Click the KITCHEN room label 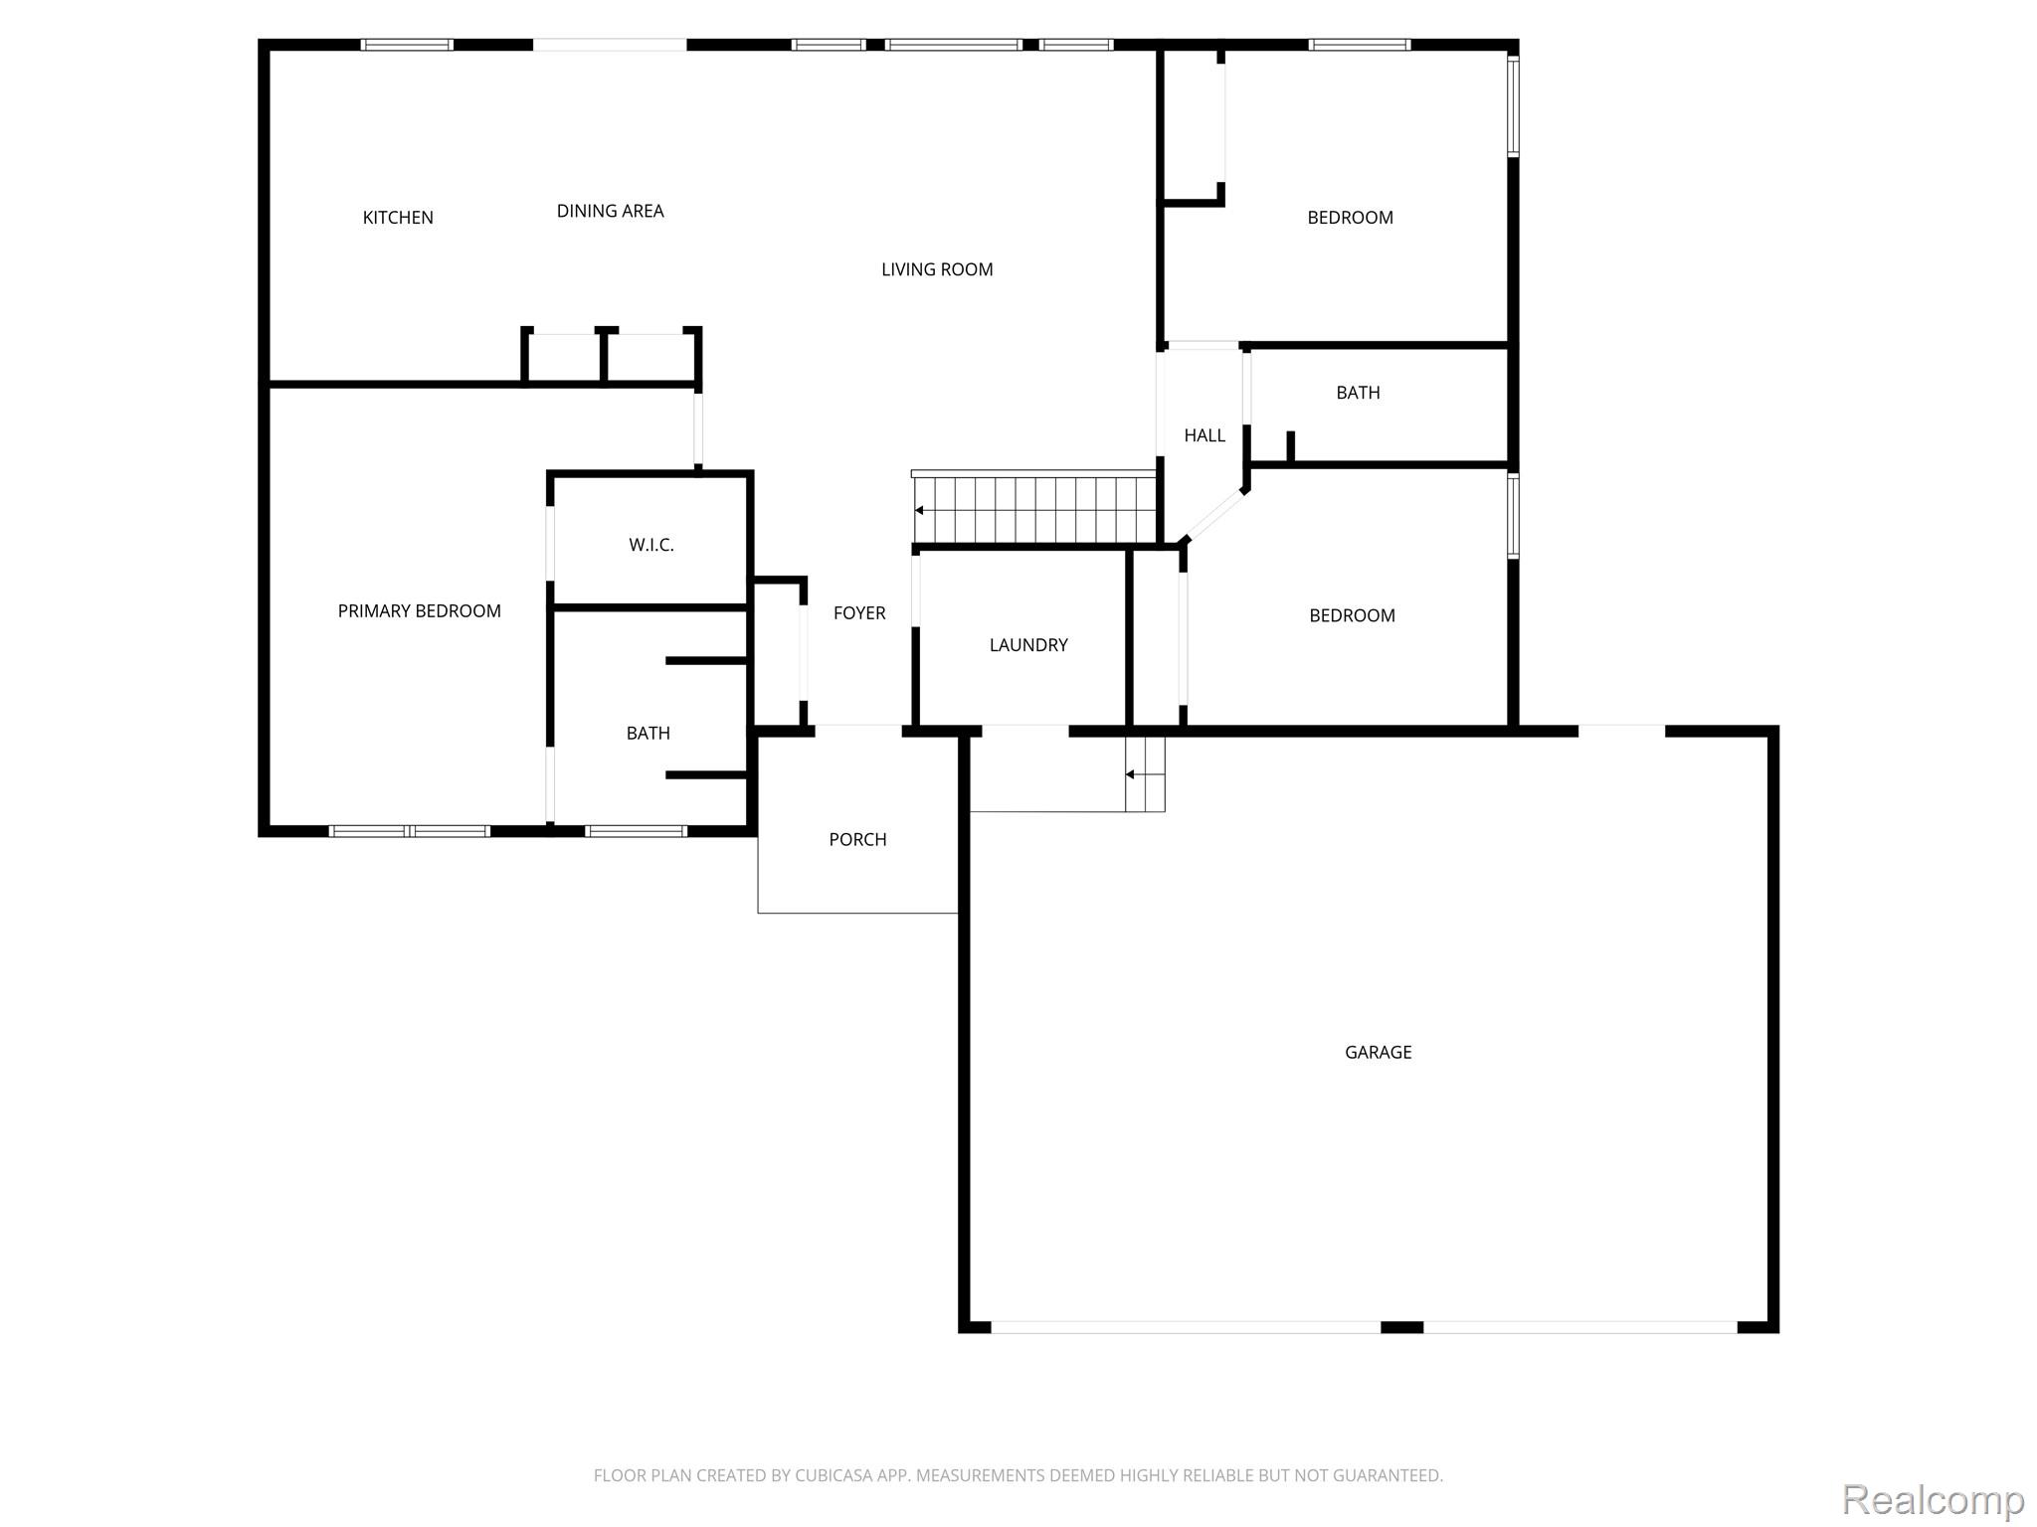click(x=398, y=218)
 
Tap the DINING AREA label click(x=610, y=211)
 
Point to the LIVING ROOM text click(x=937, y=269)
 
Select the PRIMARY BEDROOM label click(x=419, y=611)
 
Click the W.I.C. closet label click(x=651, y=545)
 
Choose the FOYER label click(x=859, y=613)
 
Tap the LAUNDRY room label click(x=1028, y=645)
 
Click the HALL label click(x=1204, y=435)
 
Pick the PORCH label click(x=857, y=840)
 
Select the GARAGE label click(x=1378, y=1052)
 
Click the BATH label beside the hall click(x=1358, y=393)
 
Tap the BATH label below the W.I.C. click(x=648, y=734)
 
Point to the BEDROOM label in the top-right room click(x=1350, y=218)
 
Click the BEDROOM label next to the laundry click(x=1352, y=615)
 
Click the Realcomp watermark click(x=1933, y=1500)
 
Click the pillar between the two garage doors click(x=1401, y=1327)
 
